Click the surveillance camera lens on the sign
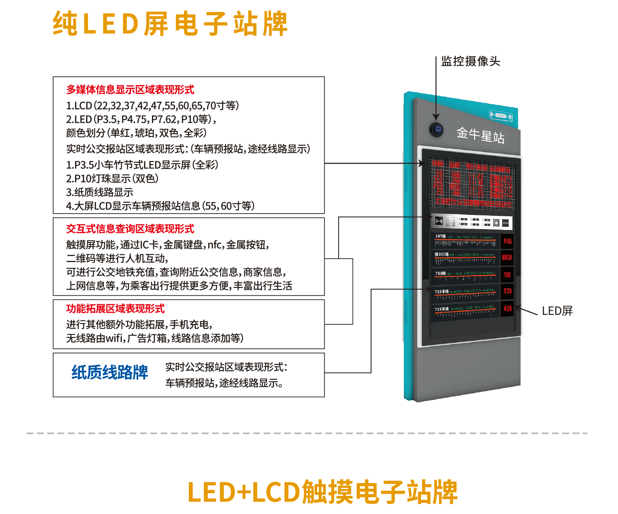pyautogui.click(x=436, y=129)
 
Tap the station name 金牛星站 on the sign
pyautogui.click(x=480, y=135)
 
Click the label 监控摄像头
pyautogui.click(x=471, y=61)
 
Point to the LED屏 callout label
pyautogui.click(x=557, y=311)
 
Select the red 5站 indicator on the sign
pyautogui.click(x=508, y=242)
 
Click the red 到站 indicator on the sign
pyautogui.click(x=507, y=257)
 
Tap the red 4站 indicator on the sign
pyautogui.click(x=508, y=308)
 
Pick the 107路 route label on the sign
pyautogui.click(x=440, y=236)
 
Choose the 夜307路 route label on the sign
pyautogui.click(x=442, y=254)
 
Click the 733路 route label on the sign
pyautogui.click(x=440, y=273)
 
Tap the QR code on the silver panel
pyautogui.click(x=496, y=222)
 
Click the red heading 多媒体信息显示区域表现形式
pyautogui.click(x=130, y=90)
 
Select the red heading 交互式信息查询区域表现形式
pyautogui.click(x=130, y=229)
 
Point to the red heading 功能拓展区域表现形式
pyautogui.click(x=115, y=309)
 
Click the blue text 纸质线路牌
pyautogui.click(x=110, y=372)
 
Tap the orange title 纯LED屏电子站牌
pyautogui.click(x=170, y=24)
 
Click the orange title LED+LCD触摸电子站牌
pyautogui.click(x=322, y=492)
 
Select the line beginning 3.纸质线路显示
pyautogui.click(x=100, y=192)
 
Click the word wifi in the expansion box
pyautogui.click(x=114, y=339)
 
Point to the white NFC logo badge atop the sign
pyautogui.click(x=501, y=115)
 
